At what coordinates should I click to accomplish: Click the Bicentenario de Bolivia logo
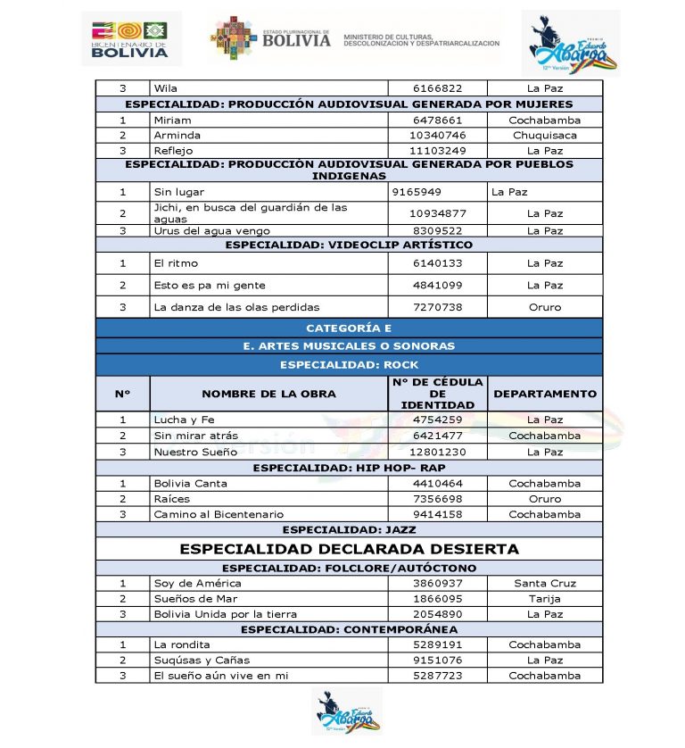point(130,38)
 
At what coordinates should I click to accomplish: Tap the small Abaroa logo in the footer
point(346,711)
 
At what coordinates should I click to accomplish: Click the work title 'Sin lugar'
point(178,192)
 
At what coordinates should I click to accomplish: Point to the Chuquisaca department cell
point(544,136)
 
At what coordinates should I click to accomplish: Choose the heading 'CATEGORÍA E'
point(349,328)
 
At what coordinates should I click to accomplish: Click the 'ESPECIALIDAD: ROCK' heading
point(349,364)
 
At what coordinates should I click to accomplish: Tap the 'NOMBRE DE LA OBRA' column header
point(268,394)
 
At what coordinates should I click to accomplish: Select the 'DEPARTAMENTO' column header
point(544,394)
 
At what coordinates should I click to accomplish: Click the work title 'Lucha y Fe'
point(184,420)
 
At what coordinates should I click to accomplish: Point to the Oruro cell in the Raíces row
point(544,499)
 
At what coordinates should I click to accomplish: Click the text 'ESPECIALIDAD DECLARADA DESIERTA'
point(349,549)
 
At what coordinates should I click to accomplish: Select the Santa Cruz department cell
point(544,583)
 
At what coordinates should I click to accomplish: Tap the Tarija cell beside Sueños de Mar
point(544,599)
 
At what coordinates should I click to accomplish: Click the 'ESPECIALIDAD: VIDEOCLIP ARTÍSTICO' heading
point(349,245)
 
